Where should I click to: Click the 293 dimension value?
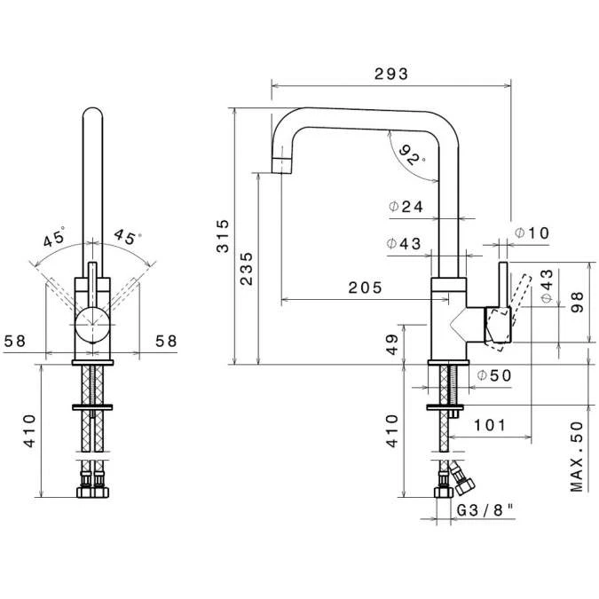coord(391,75)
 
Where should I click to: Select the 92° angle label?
coord(411,156)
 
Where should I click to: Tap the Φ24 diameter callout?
coord(406,207)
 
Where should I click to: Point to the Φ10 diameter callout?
coord(532,233)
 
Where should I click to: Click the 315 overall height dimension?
coord(224,236)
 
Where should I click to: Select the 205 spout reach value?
coord(365,288)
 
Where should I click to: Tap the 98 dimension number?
coord(578,303)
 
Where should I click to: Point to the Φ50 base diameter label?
coord(494,375)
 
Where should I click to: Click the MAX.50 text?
coord(578,456)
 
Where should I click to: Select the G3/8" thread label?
coord(485,511)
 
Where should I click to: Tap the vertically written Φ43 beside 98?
coord(547,287)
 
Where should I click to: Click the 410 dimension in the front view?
coord(30,430)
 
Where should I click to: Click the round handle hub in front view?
coord(91,325)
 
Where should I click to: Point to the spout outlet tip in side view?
coord(280,164)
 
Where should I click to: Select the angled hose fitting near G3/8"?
coord(463,481)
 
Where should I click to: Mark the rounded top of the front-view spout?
coord(91,114)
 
